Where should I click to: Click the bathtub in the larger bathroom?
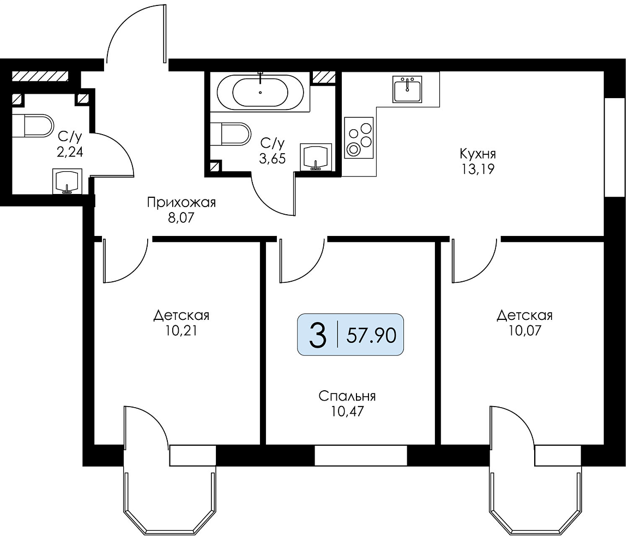click(260, 92)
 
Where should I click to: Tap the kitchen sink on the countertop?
click(407, 89)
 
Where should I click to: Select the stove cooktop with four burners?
click(359, 137)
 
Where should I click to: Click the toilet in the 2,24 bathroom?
click(33, 125)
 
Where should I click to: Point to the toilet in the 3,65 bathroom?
click(230, 134)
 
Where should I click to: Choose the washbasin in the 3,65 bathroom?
click(316, 157)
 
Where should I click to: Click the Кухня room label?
click(477, 154)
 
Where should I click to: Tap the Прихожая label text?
click(182, 203)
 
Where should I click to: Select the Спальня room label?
click(347, 397)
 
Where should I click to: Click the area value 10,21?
click(182, 331)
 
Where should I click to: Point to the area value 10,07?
click(525, 331)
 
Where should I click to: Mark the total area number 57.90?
click(372, 335)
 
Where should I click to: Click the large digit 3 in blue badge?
click(317, 335)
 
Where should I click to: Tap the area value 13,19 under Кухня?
click(477, 169)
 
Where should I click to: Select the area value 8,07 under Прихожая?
click(182, 218)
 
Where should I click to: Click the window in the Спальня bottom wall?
click(361, 455)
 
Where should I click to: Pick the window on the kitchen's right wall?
click(615, 147)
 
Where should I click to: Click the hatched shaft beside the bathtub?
click(323, 77)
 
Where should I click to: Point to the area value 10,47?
click(347, 412)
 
